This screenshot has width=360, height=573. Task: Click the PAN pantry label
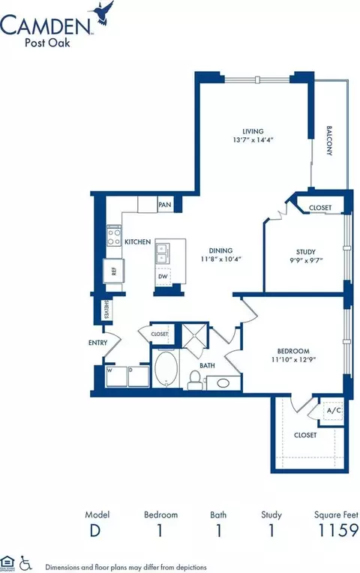[x=165, y=205]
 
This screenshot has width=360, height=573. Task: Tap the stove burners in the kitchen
[x=115, y=237]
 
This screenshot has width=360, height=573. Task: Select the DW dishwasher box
[x=163, y=277]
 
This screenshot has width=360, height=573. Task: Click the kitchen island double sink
[x=163, y=257]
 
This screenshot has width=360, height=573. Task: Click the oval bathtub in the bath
[x=166, y=372]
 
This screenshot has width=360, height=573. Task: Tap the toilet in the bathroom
[x=194, y=379]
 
